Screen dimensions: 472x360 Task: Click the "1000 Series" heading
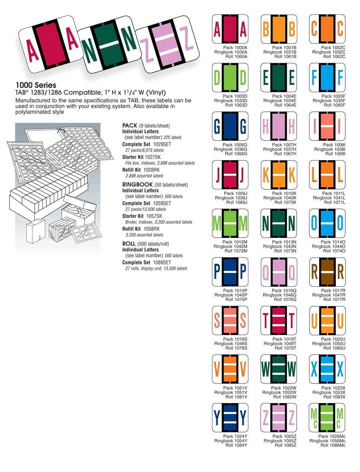coord(36,85)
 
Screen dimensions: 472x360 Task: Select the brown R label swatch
coord(328,273)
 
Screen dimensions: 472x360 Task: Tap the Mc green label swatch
coord(328,418)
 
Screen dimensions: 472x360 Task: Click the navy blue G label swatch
coord(230,127)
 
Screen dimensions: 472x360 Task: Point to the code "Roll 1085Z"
coord(284,445)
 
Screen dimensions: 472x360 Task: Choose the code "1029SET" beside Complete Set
coord(162,144)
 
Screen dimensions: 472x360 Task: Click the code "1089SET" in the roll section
coord(162,262)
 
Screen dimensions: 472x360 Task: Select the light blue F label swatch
coord(328,78)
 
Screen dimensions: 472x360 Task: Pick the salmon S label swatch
coord(230,321)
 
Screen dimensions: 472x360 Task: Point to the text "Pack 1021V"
coord(235,388)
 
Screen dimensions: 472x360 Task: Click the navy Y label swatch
coord(230,418)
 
